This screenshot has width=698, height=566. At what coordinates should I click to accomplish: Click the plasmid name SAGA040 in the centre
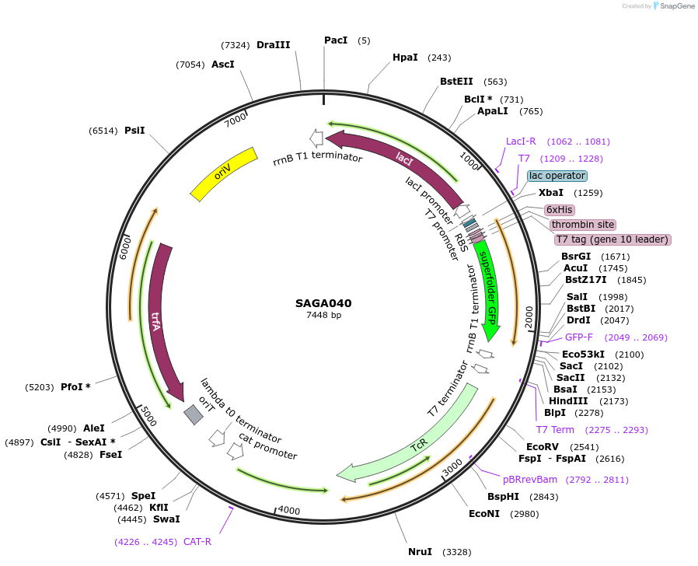click(323, 303)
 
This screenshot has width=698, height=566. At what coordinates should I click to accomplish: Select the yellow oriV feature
click(224, 173)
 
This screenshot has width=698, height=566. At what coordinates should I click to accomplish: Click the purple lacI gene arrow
click(404, 160)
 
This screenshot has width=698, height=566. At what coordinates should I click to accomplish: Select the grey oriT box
click(194, 414)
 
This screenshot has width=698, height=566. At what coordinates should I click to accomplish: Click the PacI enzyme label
click(336, 40)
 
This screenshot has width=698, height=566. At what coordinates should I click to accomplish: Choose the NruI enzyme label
click(420, 552)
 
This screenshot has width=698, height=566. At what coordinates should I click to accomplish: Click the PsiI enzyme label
click(134, 131)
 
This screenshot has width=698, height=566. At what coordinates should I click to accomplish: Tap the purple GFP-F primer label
click(578, 337)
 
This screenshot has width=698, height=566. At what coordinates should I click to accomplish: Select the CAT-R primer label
click(197, 542)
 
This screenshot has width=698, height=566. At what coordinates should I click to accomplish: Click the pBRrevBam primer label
click(530, 480)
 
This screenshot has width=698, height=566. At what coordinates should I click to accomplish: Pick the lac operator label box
click(557, 176)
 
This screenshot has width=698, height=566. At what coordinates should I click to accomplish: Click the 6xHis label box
click(559, 210)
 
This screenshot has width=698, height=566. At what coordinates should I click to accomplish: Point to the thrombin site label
click(583, 225)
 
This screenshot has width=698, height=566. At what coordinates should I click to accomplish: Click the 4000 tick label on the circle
click(288, 510)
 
